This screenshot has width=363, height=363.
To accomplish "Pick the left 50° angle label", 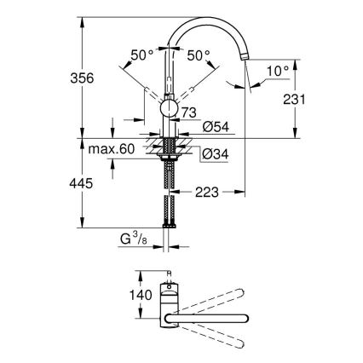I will pos(143,55).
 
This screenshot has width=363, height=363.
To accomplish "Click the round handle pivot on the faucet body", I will pos(169,108).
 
